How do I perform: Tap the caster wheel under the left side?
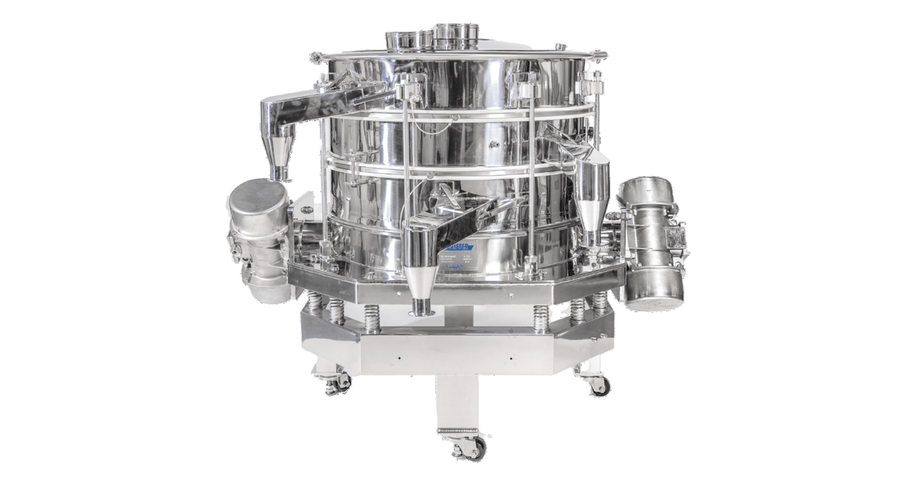334,384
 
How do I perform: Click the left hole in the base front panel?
400,357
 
